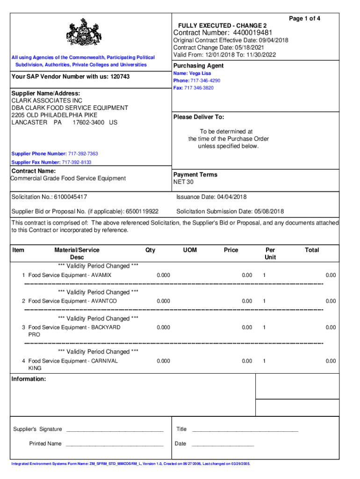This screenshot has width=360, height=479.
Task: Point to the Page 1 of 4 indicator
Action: point(304,18)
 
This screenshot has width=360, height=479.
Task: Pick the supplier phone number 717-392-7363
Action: point(83,154)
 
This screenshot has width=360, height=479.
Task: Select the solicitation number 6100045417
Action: point(70,197)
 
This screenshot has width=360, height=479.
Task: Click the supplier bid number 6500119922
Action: point(142,211)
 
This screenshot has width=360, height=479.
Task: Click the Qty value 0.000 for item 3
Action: point(163,327)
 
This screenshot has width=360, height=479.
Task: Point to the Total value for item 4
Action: point(331,361)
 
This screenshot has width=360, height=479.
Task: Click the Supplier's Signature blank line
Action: point(114,429)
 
